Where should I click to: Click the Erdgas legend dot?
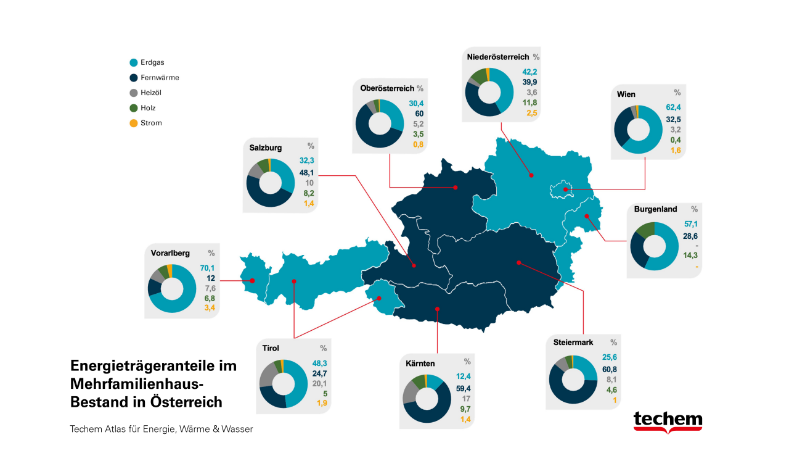click(x=134, y=62)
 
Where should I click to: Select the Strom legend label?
click(x=151, y=123)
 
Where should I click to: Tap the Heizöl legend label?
click(x=151, y=93)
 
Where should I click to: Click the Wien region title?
click(x=626, y=94)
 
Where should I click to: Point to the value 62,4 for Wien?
click(x=673, y=107)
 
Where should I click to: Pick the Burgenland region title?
click(x=655, y=209)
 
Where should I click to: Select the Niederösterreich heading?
click(x=498, y=57)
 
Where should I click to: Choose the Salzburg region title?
click(x=266, y=148)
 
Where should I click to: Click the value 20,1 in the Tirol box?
click(x=319, y=383)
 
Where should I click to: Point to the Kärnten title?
click(x=420, y=364)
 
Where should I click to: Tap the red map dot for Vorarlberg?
click(x=252, y=281)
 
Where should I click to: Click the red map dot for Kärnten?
click(x=437, y=309)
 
